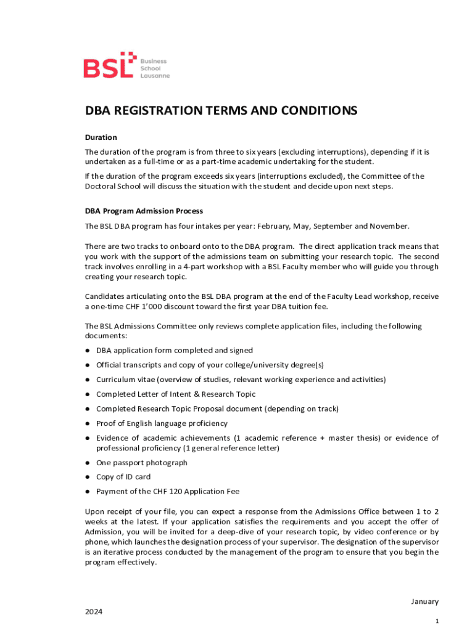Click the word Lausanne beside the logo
pyautogui.click(x=155, y=76)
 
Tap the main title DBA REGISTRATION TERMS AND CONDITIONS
pyautogui.click(x=221, y=111)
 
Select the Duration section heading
pyautogui.click(x=101, y=137)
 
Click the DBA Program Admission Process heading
pyautogui.click(x=144, y=211)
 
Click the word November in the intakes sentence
pyautogui.click(x=389, y=226)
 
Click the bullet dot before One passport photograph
pyautogui.click(x=88, y=463)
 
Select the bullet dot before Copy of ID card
pyautogui.click(x=88, y=477)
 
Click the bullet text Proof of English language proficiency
pyautogui.click(x=162, y=423)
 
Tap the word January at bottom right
pyautogui.click(x=424, y=601)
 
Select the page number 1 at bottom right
pyautogui.click(x=437, y=622)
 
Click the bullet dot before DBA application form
pyautogui.click(x=88, y=350)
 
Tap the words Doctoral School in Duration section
pyautogui.click(x=114, y=186)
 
